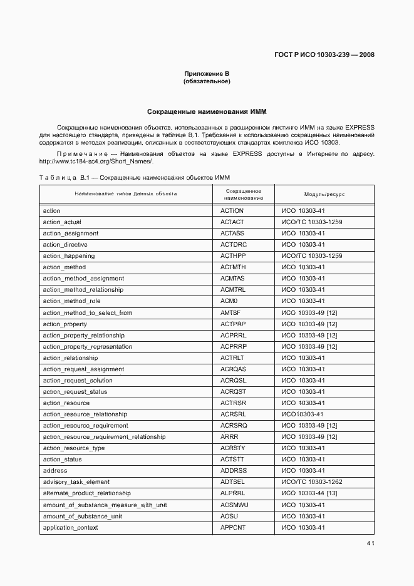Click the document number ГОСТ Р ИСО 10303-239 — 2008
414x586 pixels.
point(324,54)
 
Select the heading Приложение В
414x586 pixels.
point(207,74)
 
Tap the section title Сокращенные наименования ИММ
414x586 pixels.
point(207,112)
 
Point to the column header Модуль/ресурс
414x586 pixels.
point(324,194)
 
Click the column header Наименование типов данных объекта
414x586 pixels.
point(126,194)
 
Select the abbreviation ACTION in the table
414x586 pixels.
point(232,211)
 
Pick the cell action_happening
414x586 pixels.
point(69,256)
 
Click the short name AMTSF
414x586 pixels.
point(231,312)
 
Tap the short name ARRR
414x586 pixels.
point(229,436)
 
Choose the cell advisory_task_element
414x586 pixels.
point(76,482)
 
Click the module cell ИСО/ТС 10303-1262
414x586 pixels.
point(312,482)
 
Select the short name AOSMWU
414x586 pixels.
point(234,505)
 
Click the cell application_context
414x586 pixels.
point(70,527)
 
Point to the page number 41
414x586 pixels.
point(370,543)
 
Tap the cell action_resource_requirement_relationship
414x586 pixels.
point(104,436)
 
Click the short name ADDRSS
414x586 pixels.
point(234,470)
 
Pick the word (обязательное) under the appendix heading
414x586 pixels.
point(207,81)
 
